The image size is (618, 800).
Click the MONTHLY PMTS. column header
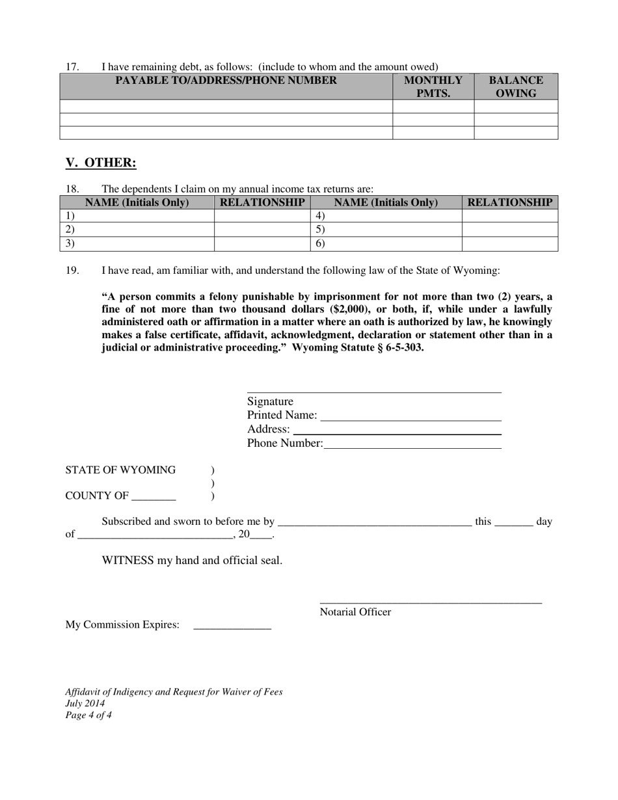click(x=433, y=87)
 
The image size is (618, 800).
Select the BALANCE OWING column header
click(x=516, y=87)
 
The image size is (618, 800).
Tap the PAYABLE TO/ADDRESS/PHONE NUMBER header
click(x=226, y=81)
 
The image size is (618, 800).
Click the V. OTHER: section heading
click(x=101, y=163)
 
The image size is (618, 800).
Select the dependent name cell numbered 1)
click(x=137, y=216)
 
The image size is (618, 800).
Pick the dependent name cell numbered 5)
click(x=386, y=230)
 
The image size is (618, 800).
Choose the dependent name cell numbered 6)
click(x=386, y=244)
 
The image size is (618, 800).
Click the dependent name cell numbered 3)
click(x=137, y=244)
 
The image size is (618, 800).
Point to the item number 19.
click(x=72, y=271)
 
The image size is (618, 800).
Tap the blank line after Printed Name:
click(x=411, y=416)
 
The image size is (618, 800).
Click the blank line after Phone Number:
click(x=412, y=444)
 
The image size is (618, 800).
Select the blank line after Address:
click(x=397, y=430)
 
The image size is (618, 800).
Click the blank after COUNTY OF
click(x=154, y=497)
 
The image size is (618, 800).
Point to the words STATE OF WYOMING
click(x=120, y=470)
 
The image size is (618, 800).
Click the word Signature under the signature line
click(x=270, y=402)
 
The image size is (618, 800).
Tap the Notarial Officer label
click(x=355, y=612)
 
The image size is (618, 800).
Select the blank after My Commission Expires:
click(x=232, y=626)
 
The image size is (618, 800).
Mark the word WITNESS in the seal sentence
click(x=128, y=561)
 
